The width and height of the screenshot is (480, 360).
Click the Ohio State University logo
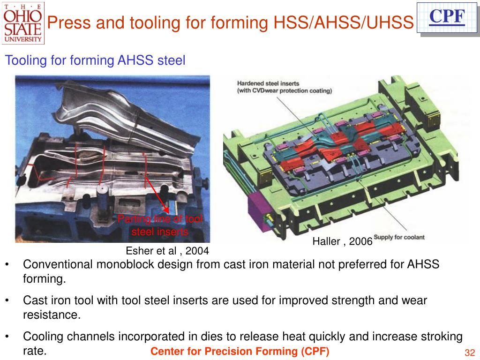point(23,22)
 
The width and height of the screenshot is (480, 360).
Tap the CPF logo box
point(447,17)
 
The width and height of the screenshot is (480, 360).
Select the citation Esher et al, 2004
point(167,251)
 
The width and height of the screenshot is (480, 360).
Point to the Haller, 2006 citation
point(342,241)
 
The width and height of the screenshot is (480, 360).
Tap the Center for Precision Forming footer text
point(240,352)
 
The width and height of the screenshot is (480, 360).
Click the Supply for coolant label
point(399,238)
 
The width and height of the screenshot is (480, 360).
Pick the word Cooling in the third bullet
point(42,337)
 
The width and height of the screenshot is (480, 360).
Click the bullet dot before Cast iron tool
point(8,300)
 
